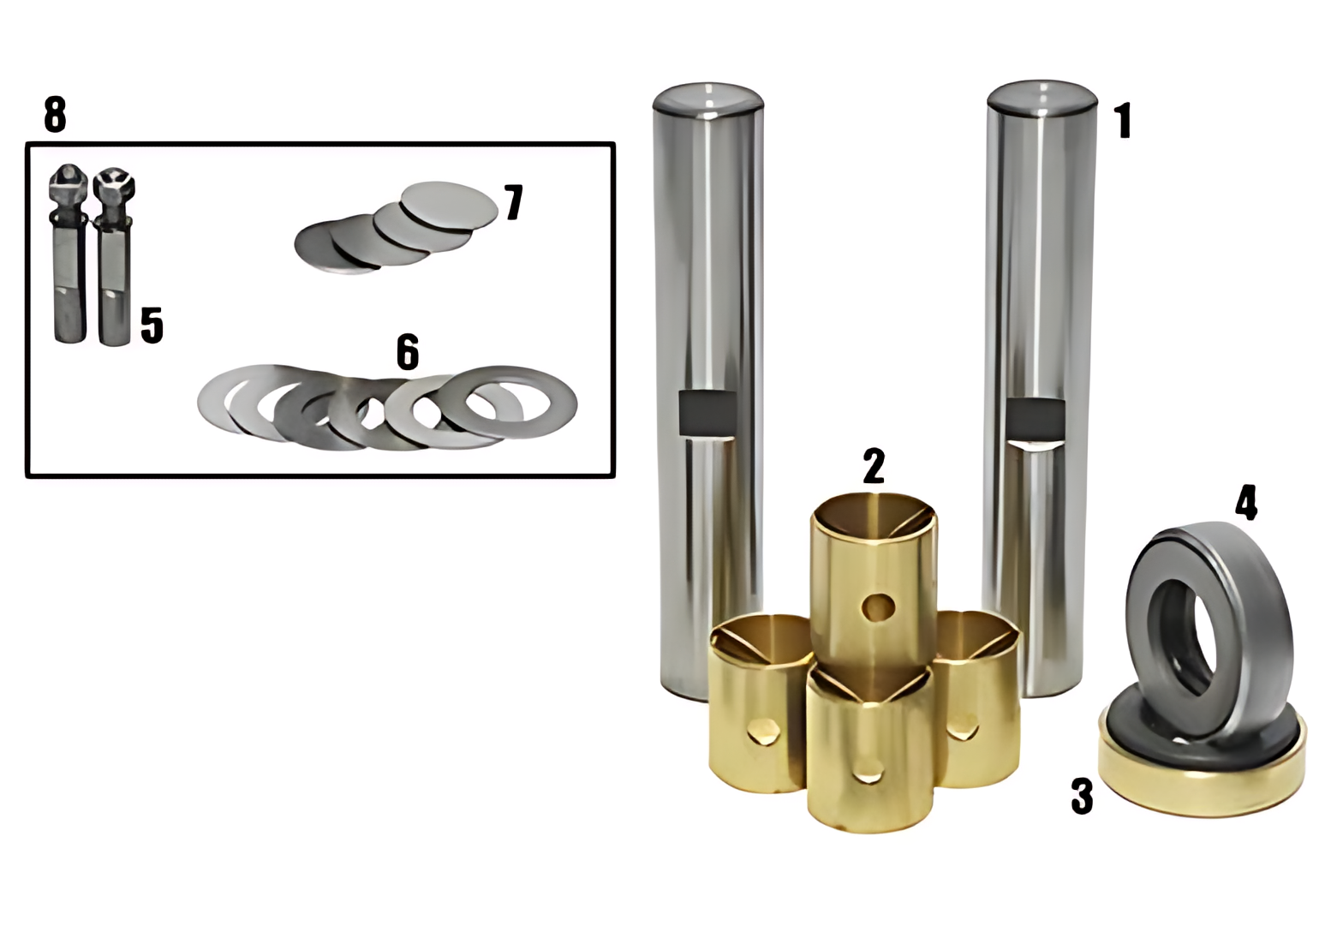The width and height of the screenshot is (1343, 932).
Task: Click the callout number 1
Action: [x=1123, y=121]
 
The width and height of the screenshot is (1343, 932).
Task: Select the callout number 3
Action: [x=1083, y=796]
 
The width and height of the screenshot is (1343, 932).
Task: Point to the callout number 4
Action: [x=1246, y=503]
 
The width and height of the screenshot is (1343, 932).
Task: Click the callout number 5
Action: [x=152, y=325]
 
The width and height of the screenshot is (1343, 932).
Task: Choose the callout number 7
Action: [x=514, y=202]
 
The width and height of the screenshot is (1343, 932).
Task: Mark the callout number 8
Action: [x=55, y=114]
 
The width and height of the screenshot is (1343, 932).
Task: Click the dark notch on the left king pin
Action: [x=707, y=413]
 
